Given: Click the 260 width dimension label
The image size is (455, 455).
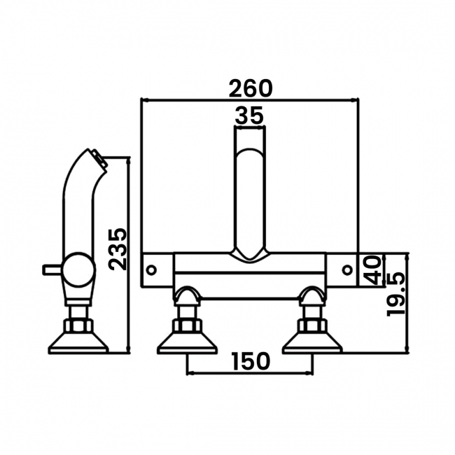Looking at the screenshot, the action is point(251,88).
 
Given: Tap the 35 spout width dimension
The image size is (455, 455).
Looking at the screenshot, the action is point(249,115).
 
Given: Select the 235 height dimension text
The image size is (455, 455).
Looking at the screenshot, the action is point(118,249).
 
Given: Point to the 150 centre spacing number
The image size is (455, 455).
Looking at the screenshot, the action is point(251,362).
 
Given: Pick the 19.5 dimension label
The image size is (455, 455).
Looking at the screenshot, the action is point(395,294).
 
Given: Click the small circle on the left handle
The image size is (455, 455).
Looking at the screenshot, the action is point(151,270).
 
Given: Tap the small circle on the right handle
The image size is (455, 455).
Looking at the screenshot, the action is point(347,270).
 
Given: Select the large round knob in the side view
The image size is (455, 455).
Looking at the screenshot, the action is point(79,269).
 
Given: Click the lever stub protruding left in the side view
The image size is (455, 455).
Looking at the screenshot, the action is point(52,269).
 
